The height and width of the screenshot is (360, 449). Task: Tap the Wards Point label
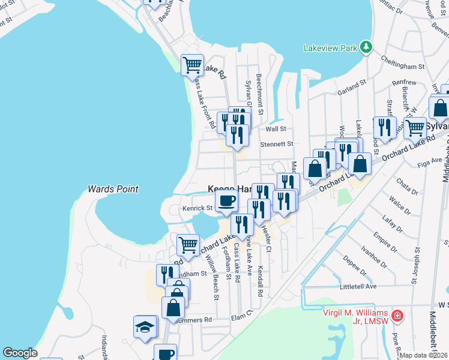pyautogui.click(x=113, y=189)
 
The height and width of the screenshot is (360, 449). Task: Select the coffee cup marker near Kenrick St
pyautogui.click(x=226, y=200)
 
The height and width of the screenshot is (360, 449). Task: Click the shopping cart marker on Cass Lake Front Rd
pyautogui.click(x=192, y=64)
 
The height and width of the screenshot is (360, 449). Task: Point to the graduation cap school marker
pyautogui.click(x=145, y=327)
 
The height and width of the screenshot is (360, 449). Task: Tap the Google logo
pyautogui.click(x=20, y=353)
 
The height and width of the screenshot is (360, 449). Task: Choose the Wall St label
pyautogui.click(x=276, y=128)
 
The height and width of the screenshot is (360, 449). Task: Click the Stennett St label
pyautogui.click(x=276, y=144)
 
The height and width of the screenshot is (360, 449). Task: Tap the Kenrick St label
pyautogui.click(x=197, y=208)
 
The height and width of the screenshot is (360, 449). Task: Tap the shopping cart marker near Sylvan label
pyautogui.click(x=415, y=127)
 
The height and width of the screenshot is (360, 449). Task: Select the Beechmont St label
pyautogui.click(x=259, y=94)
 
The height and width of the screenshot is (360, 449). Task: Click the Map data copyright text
pyautogui.click(x=424, y=355)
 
